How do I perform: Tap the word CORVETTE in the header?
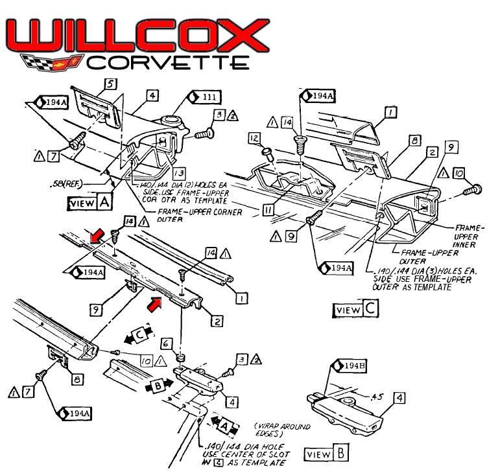tap(167, 62)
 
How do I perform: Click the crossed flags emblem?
tap(51, 62)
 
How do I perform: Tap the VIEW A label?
tap(90, 202)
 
